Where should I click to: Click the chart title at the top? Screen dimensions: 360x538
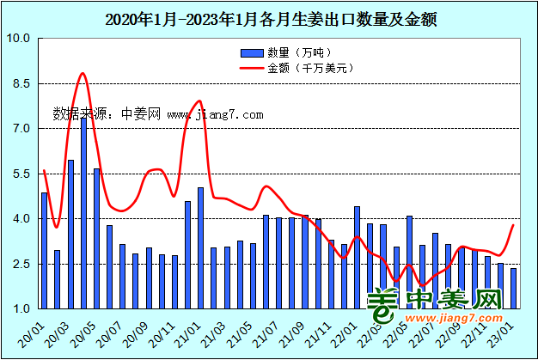270,19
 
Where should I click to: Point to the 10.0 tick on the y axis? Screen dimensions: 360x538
18,39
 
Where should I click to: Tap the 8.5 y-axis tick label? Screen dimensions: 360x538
18,84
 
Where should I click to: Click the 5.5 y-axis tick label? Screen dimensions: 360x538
18,174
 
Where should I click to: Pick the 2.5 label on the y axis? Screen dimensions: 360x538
18,264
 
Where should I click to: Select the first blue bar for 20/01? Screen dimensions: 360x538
45,250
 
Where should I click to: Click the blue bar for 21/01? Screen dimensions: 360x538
200,247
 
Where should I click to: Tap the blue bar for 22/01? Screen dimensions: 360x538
357,257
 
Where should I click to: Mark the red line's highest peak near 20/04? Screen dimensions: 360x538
83,74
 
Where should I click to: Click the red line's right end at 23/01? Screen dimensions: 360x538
514,225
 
